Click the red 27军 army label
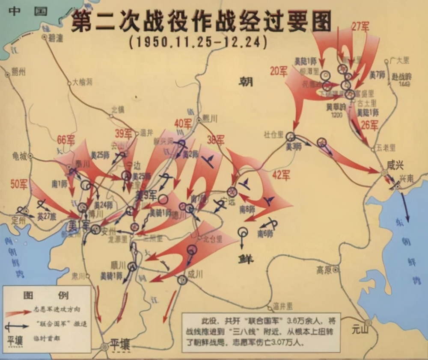tap(360, 27)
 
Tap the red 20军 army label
tap(279, 71)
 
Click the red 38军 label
tap(215, 140)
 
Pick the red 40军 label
tap(183, 124)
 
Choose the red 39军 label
tap(123, 133)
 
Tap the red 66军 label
tap(67, 140)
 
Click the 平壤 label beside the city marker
tap(120, 344)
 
